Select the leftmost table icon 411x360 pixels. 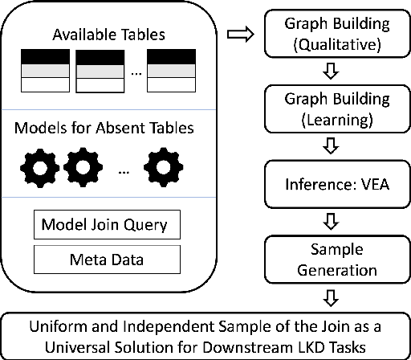point(44,70)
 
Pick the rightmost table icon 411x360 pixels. point(172,70)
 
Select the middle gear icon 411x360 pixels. point(82,168)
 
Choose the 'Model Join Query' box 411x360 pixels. point(106,223)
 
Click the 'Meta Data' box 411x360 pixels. point(106,259)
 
